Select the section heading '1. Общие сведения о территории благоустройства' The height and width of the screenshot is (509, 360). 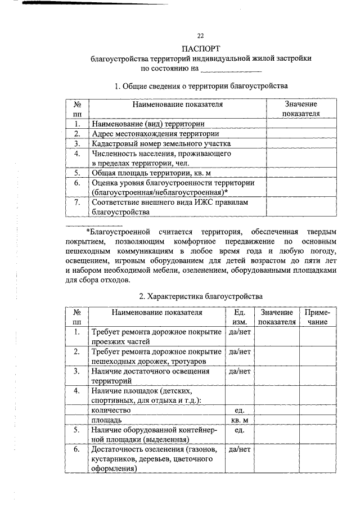(x=201, y=86)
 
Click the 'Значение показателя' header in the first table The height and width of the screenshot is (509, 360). (x=300, y=109)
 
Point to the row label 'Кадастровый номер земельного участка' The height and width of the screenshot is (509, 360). (x=161, y=143)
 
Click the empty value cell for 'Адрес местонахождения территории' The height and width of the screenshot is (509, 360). (x=300, y=134)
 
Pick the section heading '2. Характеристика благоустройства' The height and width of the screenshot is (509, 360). (x=201, y=296)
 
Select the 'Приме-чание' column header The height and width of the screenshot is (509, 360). (x=317, y=317)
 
